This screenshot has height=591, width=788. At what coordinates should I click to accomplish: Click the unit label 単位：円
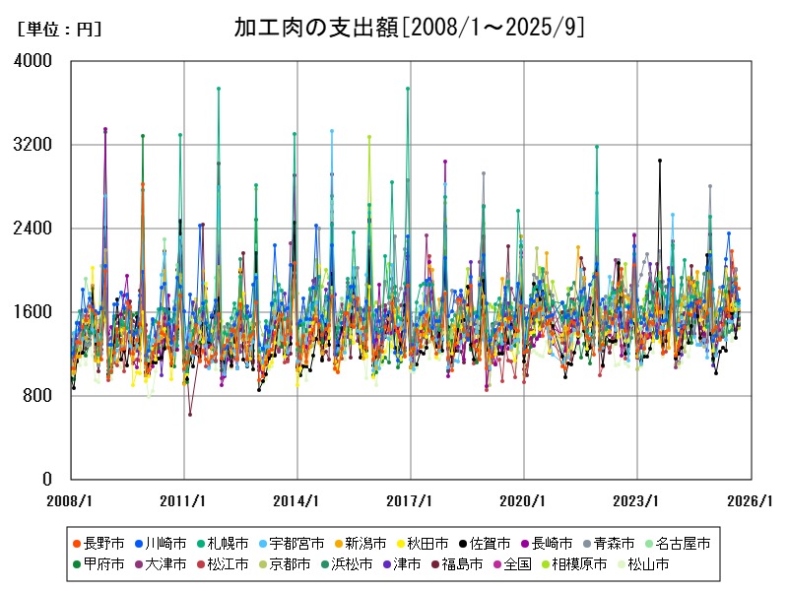(x=59, y=30)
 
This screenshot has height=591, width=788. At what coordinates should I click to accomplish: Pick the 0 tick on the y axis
(x=46, y=480)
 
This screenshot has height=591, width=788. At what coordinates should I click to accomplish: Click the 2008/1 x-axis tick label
(x=71, y=500)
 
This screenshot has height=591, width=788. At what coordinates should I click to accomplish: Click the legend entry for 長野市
(x=98, y=543)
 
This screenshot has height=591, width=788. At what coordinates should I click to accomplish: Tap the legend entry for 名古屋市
(x=677, y=543)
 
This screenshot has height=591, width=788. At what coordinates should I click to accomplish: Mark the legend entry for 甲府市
(x=98, y=564)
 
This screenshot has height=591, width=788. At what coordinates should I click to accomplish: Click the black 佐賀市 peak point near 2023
(x=660, y=161)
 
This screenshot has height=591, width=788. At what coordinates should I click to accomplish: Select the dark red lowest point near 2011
(x=190, y=415)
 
